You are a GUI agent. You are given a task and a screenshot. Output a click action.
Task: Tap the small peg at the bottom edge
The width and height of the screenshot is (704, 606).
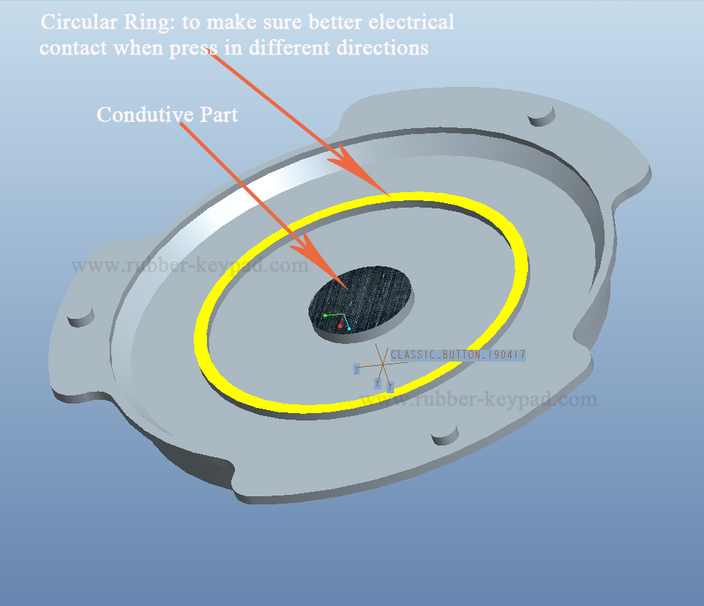[x=445, y=437]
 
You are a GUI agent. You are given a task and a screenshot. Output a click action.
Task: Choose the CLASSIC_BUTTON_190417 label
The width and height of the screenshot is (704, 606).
[x=457, y=355]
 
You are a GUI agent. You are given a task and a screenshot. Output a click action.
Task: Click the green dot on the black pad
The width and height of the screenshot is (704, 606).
[x=325, y=315]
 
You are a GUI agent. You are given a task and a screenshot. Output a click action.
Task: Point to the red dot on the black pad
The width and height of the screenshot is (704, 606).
[x=340, y=325]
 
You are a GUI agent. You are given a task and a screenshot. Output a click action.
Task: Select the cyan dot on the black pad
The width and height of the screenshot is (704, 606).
[x=349, y=328]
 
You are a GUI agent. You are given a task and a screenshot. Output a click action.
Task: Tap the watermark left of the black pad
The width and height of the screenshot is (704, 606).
[x=190, y=266]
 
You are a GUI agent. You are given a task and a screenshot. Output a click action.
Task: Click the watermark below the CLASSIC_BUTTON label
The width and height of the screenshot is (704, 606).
[x=479, y=400]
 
